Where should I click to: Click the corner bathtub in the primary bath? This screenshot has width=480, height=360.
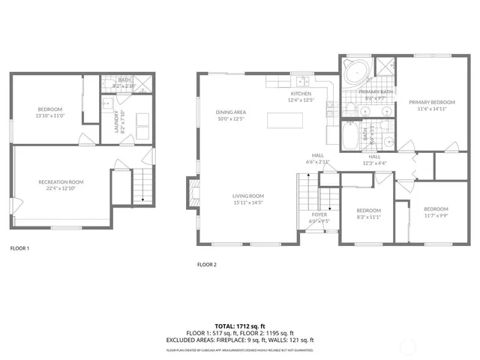[353, 72]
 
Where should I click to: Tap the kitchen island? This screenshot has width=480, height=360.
[289, 120]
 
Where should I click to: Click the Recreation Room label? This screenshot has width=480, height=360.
[61, 181]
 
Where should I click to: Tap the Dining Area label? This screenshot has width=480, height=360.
[232, 112]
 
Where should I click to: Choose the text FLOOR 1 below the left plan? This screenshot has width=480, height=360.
[19, 247]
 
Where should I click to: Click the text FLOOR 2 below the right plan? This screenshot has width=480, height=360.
[206, 264]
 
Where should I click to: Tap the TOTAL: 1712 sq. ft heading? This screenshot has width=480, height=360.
[239, 325]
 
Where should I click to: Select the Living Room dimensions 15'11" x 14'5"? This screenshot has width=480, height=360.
[247, 202]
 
